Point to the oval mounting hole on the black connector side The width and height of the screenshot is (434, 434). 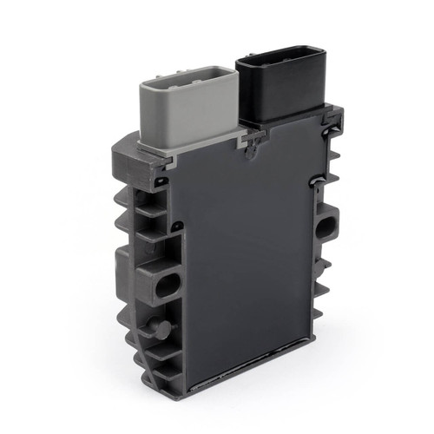(x=326, y=227)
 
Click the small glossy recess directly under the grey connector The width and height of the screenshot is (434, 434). (x=160, y=181)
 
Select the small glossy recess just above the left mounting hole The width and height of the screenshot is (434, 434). (x=177, y=227)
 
